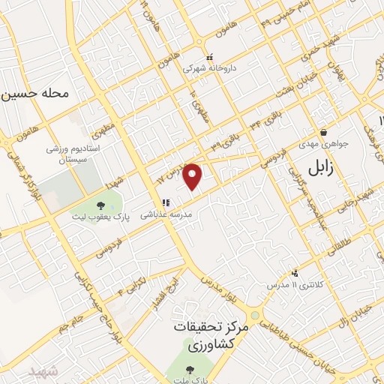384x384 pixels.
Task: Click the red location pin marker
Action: pos(193,175)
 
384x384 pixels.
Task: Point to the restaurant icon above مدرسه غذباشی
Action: pos(166,202)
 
